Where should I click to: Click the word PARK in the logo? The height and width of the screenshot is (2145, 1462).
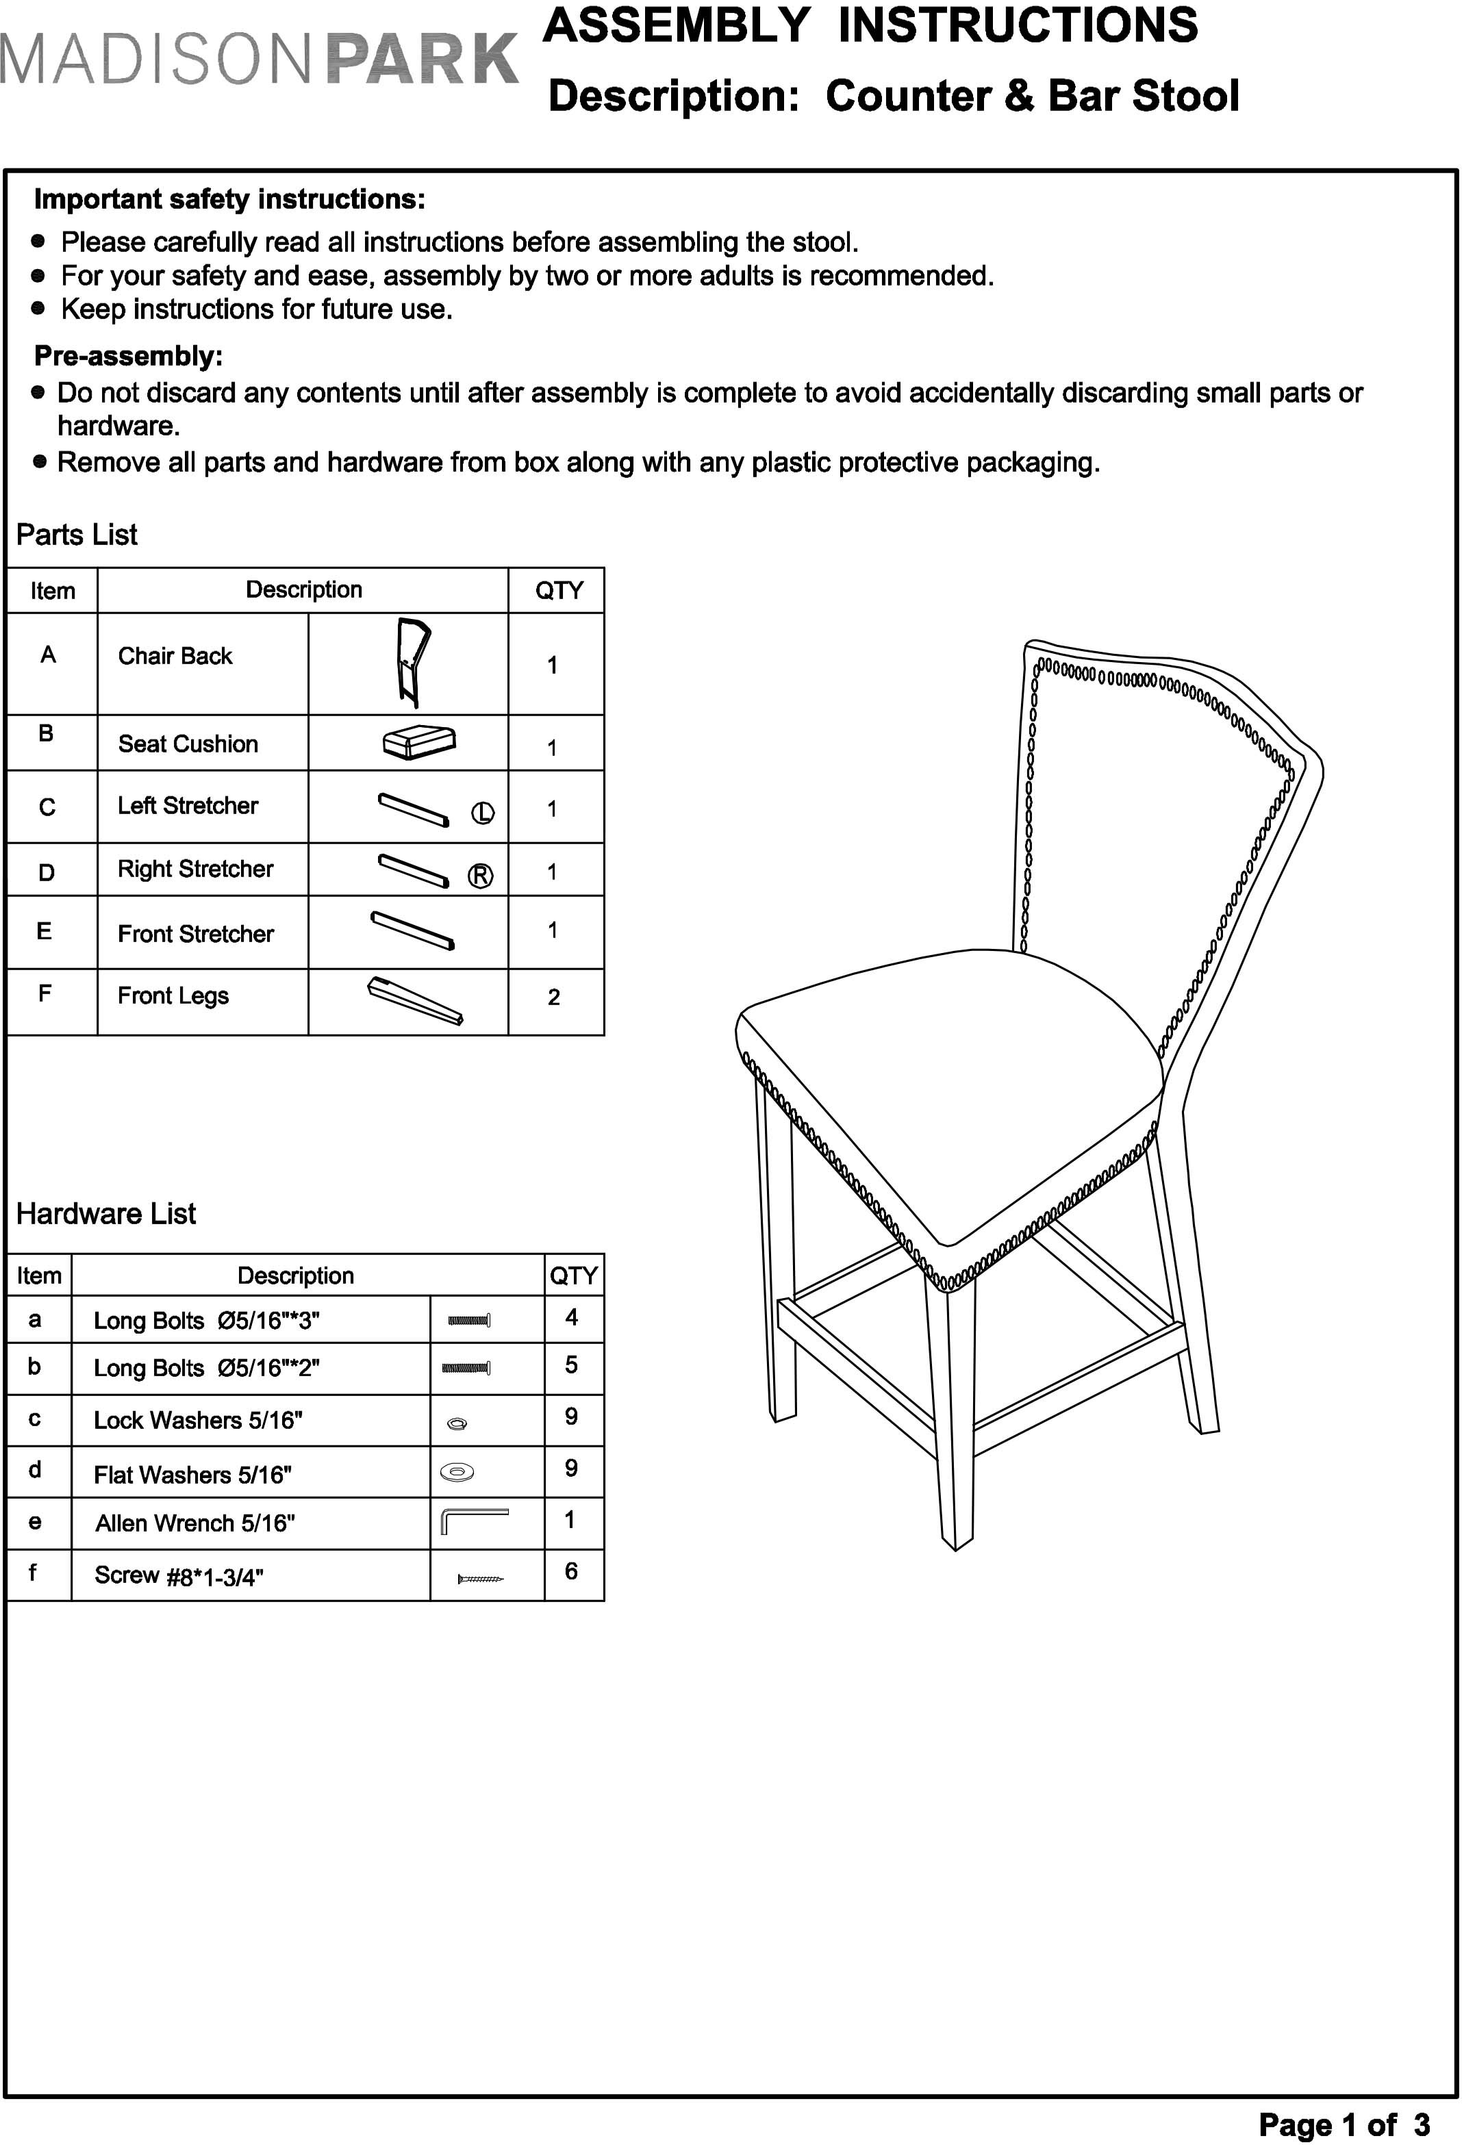[x=423, y=60]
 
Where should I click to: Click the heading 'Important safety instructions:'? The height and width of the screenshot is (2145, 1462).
[x=229, y=199]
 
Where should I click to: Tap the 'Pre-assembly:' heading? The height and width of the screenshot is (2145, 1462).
[x=128, y=355]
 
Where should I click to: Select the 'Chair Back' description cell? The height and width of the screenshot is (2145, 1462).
[x=175, y=657]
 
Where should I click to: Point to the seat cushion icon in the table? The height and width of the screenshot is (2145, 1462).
[x=419, y=742]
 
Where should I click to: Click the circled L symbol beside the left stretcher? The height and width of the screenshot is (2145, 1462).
[x=483, y=813]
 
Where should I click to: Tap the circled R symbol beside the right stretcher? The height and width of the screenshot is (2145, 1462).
[x=481, y=876]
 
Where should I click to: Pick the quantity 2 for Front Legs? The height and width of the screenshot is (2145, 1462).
[x=554, y=997]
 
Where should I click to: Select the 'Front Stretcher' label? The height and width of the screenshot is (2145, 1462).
[x=196, y=934]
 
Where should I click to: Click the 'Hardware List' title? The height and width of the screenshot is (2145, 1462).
[x=106, y=1214]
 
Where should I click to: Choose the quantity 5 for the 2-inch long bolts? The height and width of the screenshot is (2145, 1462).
[x=571, y=1365]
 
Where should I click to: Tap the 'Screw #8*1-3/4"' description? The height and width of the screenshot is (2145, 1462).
[x=179, y=1575]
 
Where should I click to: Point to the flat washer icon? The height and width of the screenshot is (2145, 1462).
[x=457, y=1472]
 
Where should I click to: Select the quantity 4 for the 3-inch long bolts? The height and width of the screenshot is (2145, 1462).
[x=571, y=1317]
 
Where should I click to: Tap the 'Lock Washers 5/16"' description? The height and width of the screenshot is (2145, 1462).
[x=199, y=1421]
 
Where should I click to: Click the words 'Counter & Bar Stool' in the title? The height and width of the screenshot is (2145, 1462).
[x=1032, y=96]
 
